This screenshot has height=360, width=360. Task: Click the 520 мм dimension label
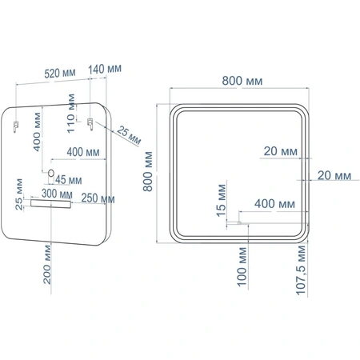(60, 74)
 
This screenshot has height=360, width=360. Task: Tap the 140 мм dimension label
(105, 69)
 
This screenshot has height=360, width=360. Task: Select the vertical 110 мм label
(71, 114)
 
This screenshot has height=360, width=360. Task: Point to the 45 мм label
(69, 180)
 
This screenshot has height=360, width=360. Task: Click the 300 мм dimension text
(57, 194)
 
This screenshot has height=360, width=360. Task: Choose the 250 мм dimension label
(98, 198)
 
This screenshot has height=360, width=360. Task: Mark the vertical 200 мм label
(47, 265)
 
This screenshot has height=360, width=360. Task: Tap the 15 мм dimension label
(222, 201)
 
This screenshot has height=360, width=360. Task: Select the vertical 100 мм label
(242, 267)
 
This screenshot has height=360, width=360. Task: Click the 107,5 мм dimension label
(301, 270)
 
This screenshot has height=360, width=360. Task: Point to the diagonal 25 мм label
(129, 135)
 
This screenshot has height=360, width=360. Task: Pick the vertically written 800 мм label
(147, 171)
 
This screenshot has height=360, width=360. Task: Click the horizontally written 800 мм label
(242, 81)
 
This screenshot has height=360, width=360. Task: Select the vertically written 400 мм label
(37, 132)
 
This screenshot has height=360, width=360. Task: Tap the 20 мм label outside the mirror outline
(334, 175)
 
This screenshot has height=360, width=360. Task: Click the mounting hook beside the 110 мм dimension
(90, 124)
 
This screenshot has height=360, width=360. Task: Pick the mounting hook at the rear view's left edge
(16, 126)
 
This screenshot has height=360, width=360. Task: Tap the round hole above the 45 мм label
(51, 173)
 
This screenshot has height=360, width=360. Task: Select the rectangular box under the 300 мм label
(50, 204)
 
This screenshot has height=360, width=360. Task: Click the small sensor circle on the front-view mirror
(239, 222)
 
